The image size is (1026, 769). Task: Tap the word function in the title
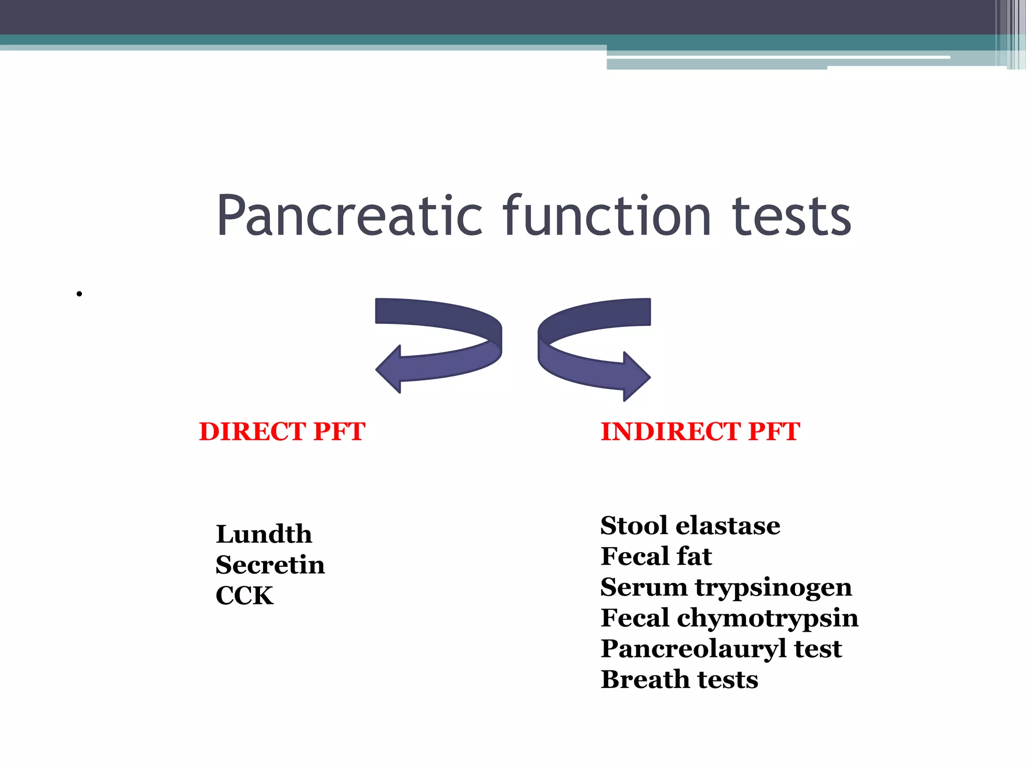[607, 216]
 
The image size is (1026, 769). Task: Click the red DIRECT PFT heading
[282, 432]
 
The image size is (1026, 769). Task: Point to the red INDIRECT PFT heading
[700, 432]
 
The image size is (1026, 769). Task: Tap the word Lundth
[264, 534]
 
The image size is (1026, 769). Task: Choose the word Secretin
[270, 565]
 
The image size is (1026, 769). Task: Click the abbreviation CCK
[244, 596]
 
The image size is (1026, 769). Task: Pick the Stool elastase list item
[690, 526]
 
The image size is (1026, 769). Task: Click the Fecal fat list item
[656, 556]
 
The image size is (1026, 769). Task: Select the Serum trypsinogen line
[726, 587]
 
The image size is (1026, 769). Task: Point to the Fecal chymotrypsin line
[729, 618]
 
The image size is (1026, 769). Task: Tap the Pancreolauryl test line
[721, 649]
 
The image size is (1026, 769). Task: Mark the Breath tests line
[679, 680]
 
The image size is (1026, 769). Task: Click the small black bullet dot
[79, 294]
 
